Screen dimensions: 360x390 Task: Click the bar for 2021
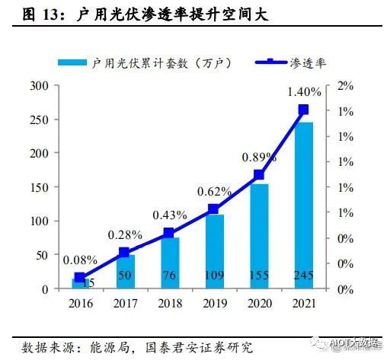click(x=303, y=205)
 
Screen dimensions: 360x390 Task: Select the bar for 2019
click(x=214, y=251)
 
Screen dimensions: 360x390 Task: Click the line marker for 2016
click(x=79, y=278)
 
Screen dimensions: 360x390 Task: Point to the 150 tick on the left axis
click(x=39, y=187)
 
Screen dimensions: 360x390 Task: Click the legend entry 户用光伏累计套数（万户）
click(x=156, y=63)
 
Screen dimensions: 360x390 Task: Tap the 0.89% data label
click(x=258, y=158)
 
